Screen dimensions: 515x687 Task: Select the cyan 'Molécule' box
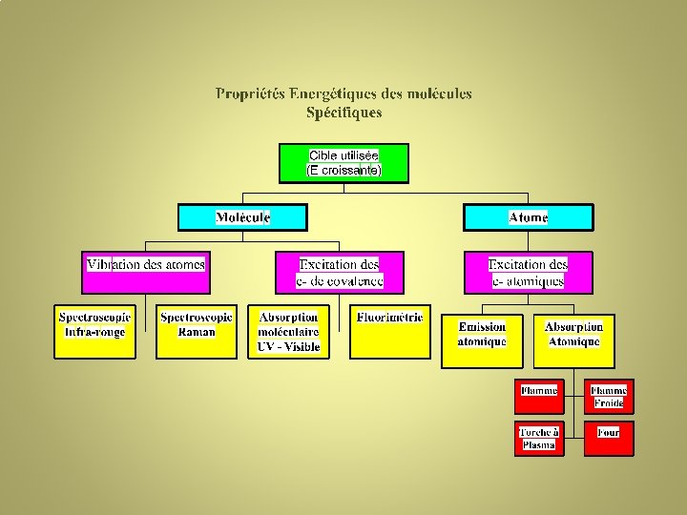[x=242, y=217]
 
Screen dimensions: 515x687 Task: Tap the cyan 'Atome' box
[x=528, y=217]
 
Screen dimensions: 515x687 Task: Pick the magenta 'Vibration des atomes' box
[x=146, y=272]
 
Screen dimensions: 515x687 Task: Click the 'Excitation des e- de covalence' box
[x=339, y=272]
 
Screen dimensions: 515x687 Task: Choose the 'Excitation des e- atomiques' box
[x=528, y=272]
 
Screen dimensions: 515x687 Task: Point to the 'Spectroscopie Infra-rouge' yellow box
[x=94, y=331]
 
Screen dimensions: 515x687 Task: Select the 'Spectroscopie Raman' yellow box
[x=197, y=331]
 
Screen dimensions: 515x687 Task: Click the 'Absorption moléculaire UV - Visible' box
[x=289, y=332]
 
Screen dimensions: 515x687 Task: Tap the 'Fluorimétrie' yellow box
[x=390, y=332]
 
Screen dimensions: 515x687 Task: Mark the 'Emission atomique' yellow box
[x=482, y=340]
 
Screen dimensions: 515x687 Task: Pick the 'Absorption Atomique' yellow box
[x=573, y=340]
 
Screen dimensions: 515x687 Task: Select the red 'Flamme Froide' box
[x=608, y=396]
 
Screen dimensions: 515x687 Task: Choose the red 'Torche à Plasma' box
[x=539, y=439]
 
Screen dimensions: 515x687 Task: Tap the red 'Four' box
[x=608, y=439]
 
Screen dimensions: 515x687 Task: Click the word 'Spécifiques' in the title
[x=343, y=113]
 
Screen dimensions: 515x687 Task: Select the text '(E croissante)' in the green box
[x=343, y=171]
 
